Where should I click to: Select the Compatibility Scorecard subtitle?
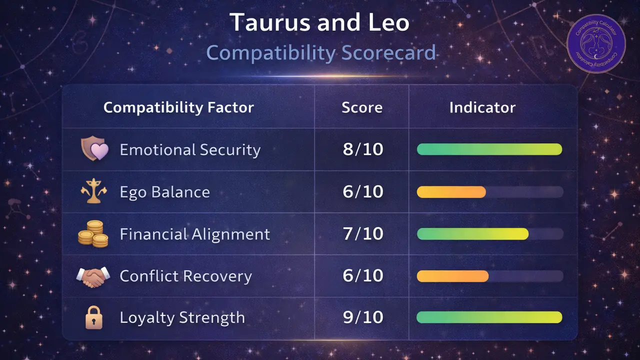[x=321, y=52]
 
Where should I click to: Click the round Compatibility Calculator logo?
[x=596, y=43]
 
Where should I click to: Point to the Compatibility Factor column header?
[x=178, y=107]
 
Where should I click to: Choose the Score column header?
[x=362, y=107]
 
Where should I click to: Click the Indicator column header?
[x=482, y=107]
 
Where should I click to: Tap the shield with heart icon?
[x=94, y=149]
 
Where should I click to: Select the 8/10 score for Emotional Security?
[x=363, y=149]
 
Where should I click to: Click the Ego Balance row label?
[x=164, y=192]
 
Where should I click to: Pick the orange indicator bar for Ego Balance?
[x=451, y=192]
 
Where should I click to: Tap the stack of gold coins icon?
[x=93, y=233]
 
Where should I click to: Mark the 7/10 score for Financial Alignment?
[x=363, y=234]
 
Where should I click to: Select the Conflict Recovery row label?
[x=185, y=276]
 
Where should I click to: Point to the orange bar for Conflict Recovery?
[x=452, y=276]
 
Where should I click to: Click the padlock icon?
[x=94, y=317]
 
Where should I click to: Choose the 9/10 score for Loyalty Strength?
[x=363, y=317]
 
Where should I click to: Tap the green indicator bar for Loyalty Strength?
[x=489, y=317]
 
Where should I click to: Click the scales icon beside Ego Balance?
[x=94, y=192]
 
